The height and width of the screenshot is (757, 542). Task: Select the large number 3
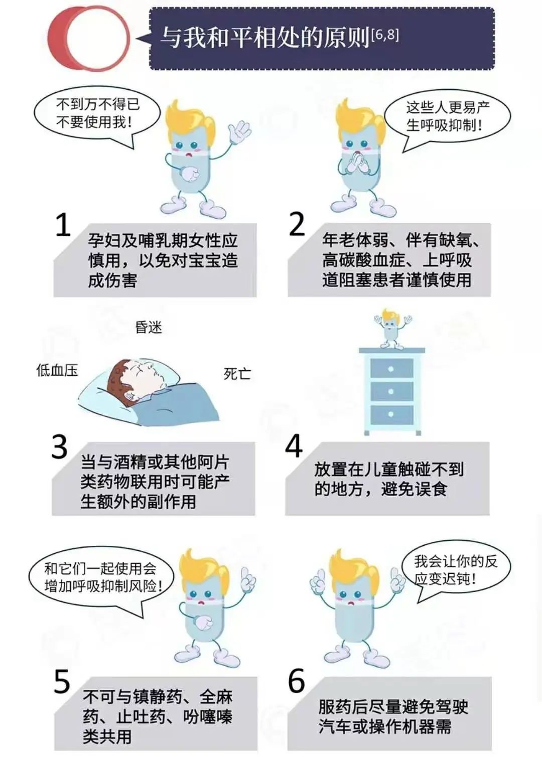coord(60,446)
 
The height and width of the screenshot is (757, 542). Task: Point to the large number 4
coord(294,446)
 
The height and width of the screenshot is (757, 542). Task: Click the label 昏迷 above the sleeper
coord(149,327)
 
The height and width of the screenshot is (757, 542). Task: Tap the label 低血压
coord(57,371)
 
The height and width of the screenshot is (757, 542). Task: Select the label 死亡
coord(237,374)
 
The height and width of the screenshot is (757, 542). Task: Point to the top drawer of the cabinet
coord(391,368)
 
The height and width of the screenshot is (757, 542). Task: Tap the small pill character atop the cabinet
coord(392,328)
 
